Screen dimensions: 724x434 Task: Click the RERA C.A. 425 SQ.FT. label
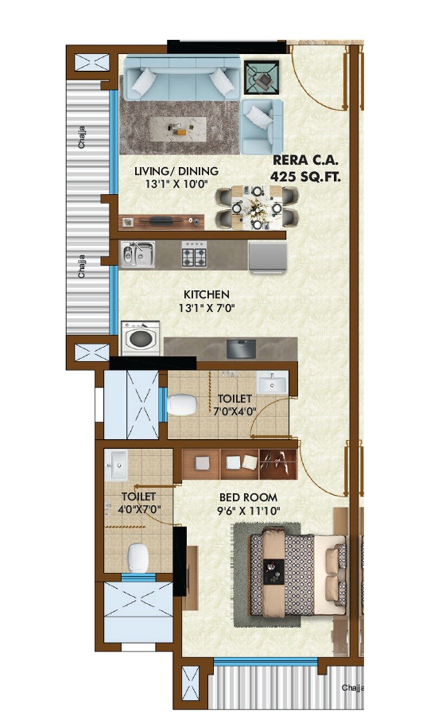307,168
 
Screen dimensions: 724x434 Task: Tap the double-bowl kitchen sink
137,254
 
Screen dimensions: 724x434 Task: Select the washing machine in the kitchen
141,338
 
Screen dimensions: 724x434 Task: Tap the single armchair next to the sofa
261,126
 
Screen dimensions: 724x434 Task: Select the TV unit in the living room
162,221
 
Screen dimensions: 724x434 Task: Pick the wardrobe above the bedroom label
239,463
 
